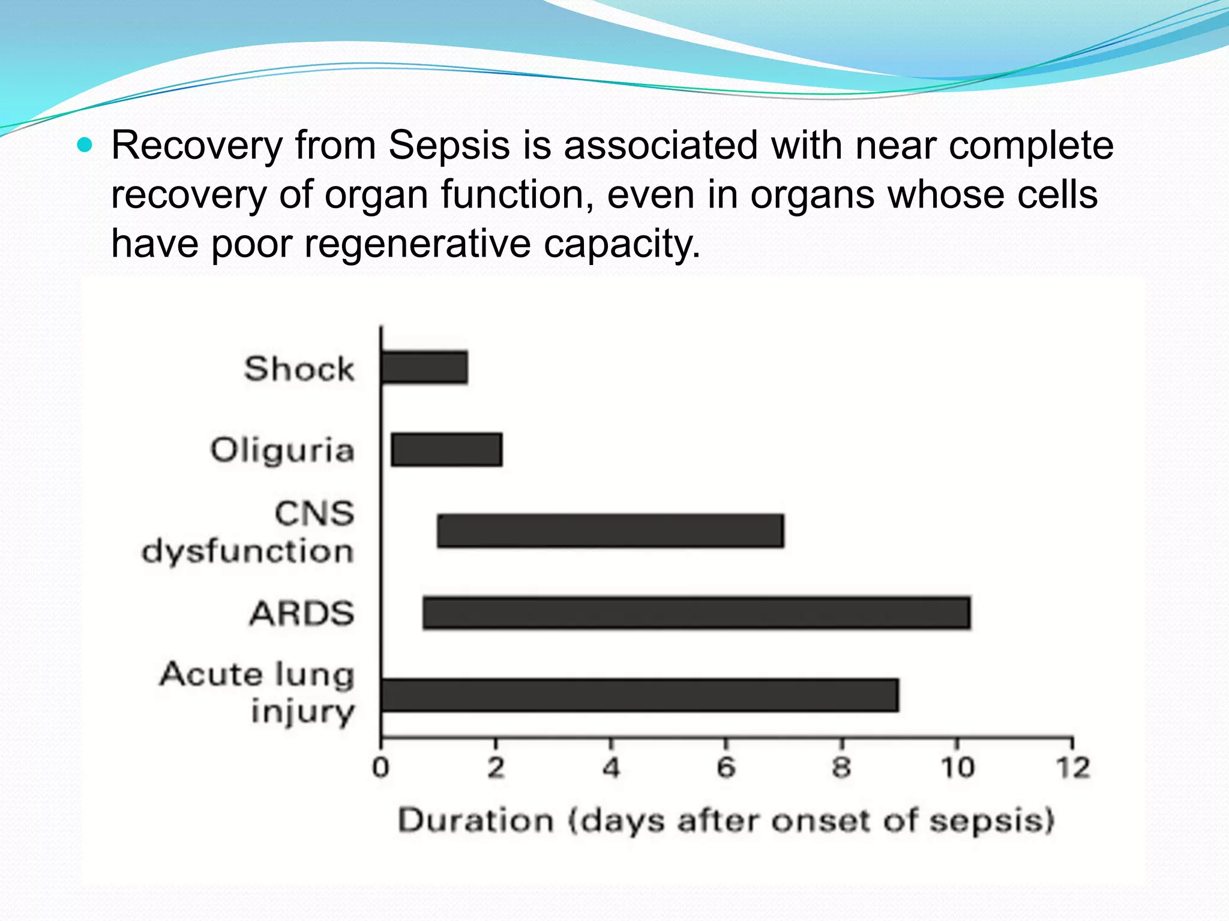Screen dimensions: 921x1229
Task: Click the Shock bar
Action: (x=424, y=368)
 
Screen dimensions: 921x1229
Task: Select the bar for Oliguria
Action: (x=446, y=449)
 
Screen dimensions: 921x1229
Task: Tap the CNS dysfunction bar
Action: (x=610, y=531)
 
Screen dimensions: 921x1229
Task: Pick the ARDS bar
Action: (x=696, y=613)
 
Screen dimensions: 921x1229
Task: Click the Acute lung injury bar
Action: (x=640, y=696)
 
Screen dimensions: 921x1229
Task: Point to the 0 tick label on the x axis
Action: (x=380, y=768)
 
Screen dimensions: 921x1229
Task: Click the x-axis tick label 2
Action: (x=496, y=768)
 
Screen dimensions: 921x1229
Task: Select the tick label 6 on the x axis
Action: (x=726, y=768)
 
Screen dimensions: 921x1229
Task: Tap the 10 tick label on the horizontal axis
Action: (x=957, y=768)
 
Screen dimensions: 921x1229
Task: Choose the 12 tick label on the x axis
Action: (x=1072, y=768)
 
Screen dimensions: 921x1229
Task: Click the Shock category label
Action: (x=299, y=368)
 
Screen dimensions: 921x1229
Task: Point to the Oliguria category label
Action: (x=282, y=450)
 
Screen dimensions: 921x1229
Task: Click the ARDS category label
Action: (x=302, y=613)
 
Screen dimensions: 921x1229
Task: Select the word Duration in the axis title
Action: (x=475, y=820)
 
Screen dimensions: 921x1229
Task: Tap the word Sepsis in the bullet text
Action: (x=449, y=146)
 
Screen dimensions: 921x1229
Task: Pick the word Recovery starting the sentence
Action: (x=197, y=146)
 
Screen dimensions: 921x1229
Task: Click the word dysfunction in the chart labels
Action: (x=247, y=551)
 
